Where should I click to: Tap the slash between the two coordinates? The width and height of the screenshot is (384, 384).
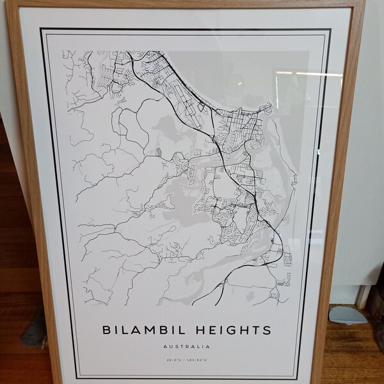(188, 362)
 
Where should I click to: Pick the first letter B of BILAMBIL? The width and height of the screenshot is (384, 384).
(106, 331)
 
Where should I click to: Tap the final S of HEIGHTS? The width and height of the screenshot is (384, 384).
(266, 331)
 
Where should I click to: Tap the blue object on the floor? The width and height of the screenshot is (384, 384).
(348, 314)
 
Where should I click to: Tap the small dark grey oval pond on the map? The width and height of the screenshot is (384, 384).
(158, 152)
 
